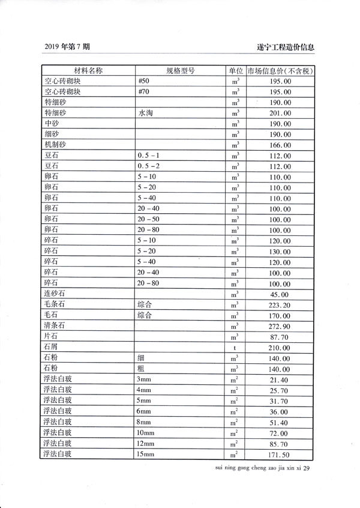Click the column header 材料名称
[88, 70]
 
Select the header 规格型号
[179, 70]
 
